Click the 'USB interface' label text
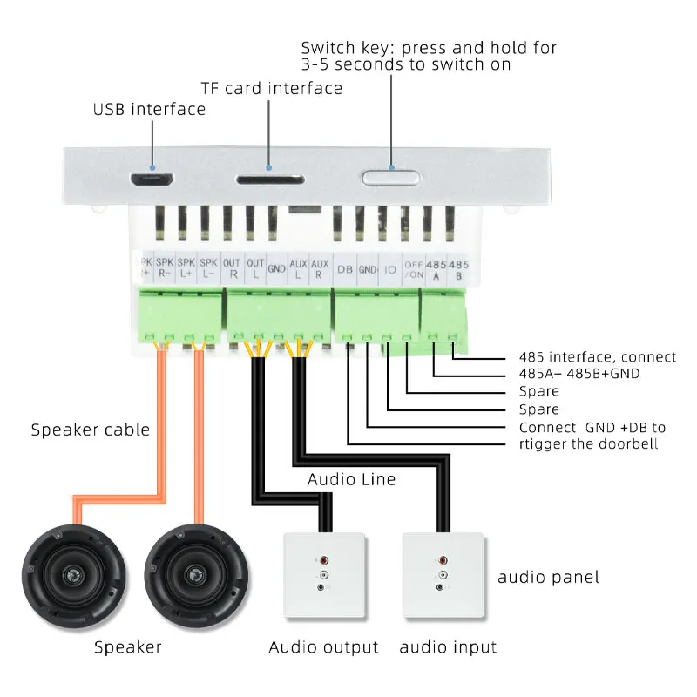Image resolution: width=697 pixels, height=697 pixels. point(149,110)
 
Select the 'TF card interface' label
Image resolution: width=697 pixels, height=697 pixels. point(271,89)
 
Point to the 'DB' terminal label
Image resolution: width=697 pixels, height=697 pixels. point(345,270)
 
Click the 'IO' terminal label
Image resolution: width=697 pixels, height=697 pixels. point(389,270)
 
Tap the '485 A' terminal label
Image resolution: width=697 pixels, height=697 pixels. point(436,270)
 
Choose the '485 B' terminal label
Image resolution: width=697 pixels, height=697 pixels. point(458,270)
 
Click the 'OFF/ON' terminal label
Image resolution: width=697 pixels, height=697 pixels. point(412,270)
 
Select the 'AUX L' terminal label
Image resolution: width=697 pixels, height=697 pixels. point(299,268)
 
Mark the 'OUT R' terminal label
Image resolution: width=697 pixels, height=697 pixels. point(232,268)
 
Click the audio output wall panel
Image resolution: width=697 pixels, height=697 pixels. point(324,575)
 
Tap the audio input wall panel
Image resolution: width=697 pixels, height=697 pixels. point(443,575)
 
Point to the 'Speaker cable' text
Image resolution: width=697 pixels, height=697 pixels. point(90,430)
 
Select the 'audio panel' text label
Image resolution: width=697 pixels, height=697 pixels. point(548,577)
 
